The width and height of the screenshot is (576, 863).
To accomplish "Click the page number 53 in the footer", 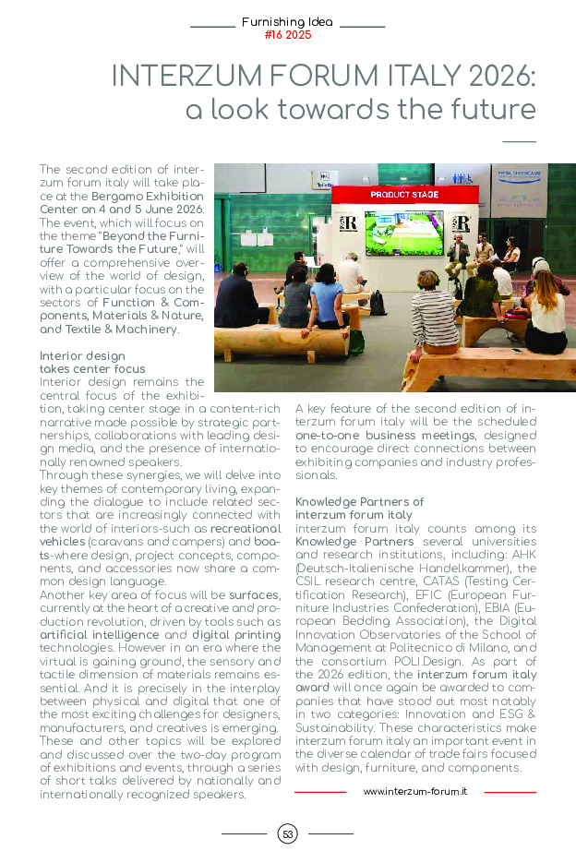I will tap(287, 834).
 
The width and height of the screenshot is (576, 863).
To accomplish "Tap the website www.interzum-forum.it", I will tap(414, 792).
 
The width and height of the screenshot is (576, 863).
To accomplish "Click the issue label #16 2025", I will tap(287, 35).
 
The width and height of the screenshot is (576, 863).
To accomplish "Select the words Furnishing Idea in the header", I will tap(287, 21).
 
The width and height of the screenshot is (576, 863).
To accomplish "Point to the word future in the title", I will tap(489, 110).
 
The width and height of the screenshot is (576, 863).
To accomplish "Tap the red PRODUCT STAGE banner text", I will tap(404, 196).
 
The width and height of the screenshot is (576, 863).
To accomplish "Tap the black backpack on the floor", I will tap(378, 303).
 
